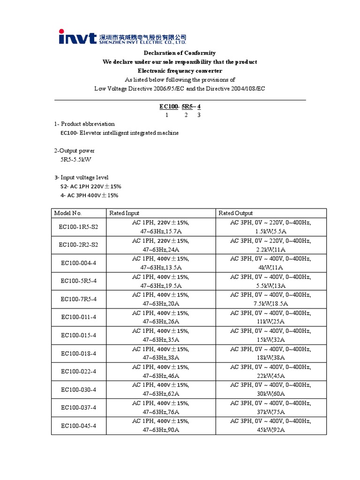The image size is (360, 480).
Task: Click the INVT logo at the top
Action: [x=77, y=37]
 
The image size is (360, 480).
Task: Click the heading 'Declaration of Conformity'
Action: [x=180, y=53]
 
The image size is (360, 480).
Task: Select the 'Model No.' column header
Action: [x=68, y=213]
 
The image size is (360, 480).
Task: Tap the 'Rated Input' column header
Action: [x=124, y=213]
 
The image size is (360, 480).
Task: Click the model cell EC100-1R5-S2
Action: [x=79, y=226]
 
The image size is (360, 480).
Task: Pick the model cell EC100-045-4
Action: [x=79, y=426]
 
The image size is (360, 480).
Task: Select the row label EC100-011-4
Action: [x=79, y=317]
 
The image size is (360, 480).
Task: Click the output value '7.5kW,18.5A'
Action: [x=270, y=304]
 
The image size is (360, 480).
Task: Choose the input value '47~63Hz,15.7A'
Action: [x=160, y=231]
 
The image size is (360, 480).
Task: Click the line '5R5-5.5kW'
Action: [x=75, y=159]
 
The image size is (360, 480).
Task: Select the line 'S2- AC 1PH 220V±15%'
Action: [x=89, y=186]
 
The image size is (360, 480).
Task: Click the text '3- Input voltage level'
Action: [x=81, y=177]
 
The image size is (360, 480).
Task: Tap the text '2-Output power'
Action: [x=74, y=150]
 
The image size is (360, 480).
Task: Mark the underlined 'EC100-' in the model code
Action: [x=169, y=106]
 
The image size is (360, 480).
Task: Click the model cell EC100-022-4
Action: [x=79, y=371]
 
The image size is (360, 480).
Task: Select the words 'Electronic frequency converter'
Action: [x=180, y=71]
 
